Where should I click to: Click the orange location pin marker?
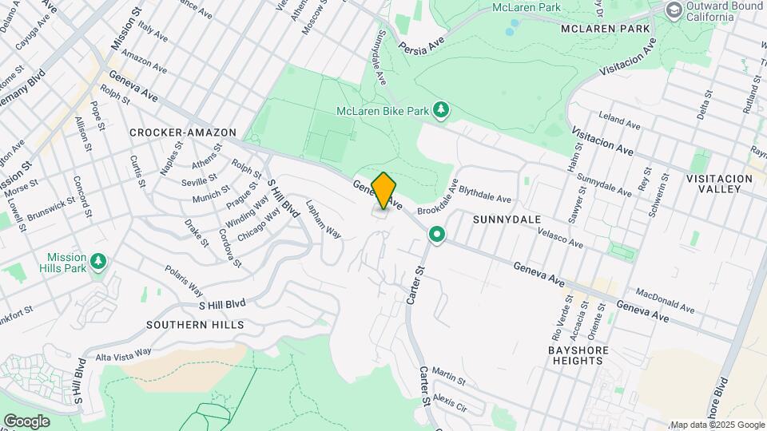[383, 191]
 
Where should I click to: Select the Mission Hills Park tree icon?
[98, 262]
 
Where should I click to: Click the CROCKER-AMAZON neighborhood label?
[183, 132]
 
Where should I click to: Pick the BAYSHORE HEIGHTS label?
[578, 355]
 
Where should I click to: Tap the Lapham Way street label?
[323, 219]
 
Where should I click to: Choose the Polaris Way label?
[185, 276]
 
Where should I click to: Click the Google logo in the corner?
[26, 421]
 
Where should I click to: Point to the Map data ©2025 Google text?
[717, 425]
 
